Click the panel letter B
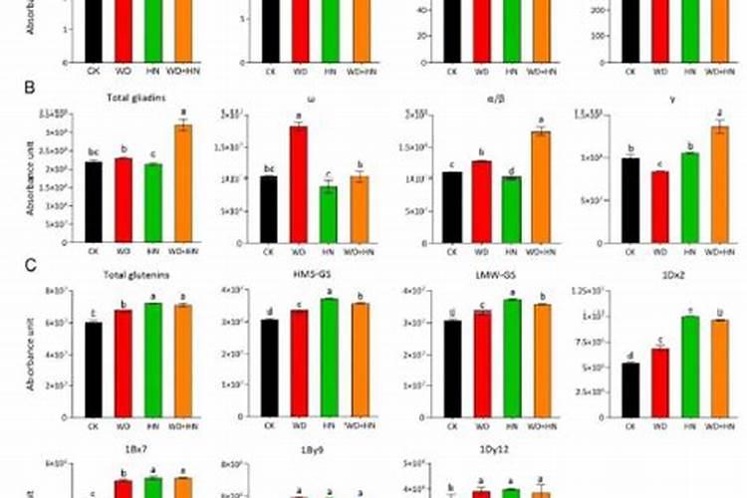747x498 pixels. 31,88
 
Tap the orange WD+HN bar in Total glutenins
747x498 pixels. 183,360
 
